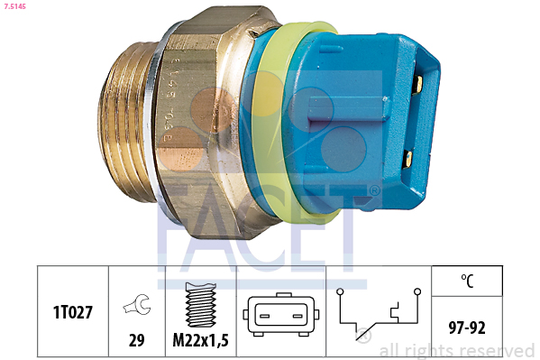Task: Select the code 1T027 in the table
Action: (x=72, y=311)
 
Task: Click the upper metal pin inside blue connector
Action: (x=417, y=88)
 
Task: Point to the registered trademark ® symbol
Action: (x=374, y=190)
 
